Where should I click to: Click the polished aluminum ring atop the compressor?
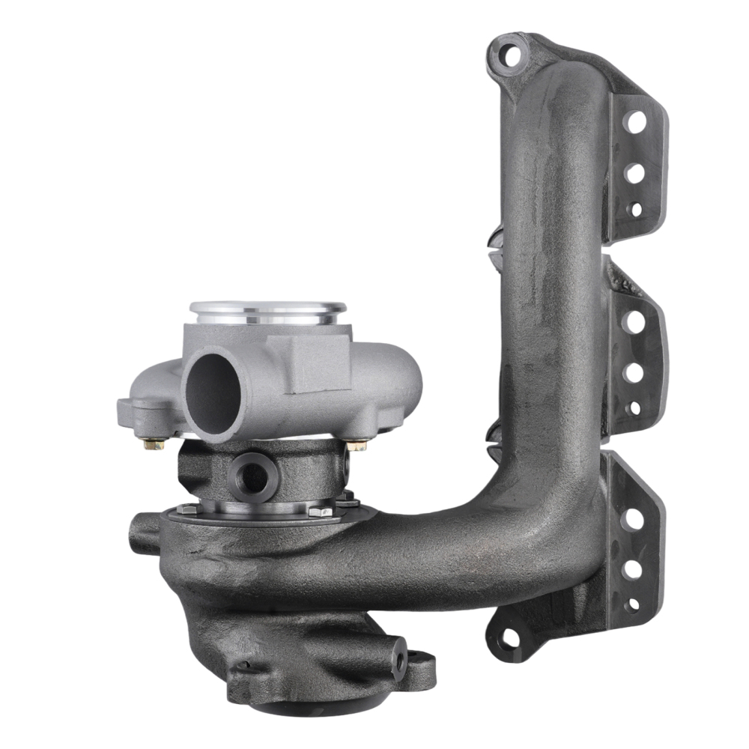267,309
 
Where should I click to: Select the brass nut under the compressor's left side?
154,443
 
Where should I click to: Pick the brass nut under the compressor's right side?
357,445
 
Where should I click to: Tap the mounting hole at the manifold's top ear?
511,54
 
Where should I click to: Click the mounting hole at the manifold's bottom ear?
509,638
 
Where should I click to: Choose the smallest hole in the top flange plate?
635,210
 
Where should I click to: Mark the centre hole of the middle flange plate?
634,372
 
